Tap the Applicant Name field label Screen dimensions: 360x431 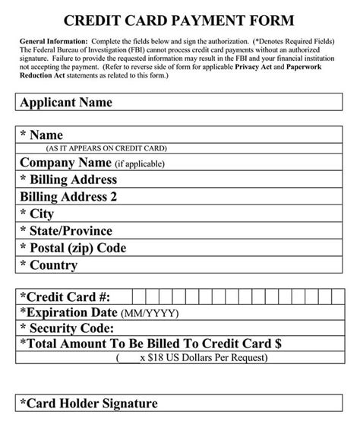[65, 102]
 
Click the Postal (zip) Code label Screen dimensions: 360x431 [73, 248]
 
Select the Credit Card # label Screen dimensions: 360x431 [65, 295]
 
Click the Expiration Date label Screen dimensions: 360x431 [69, 312]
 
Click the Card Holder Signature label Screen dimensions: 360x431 [88, 404]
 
